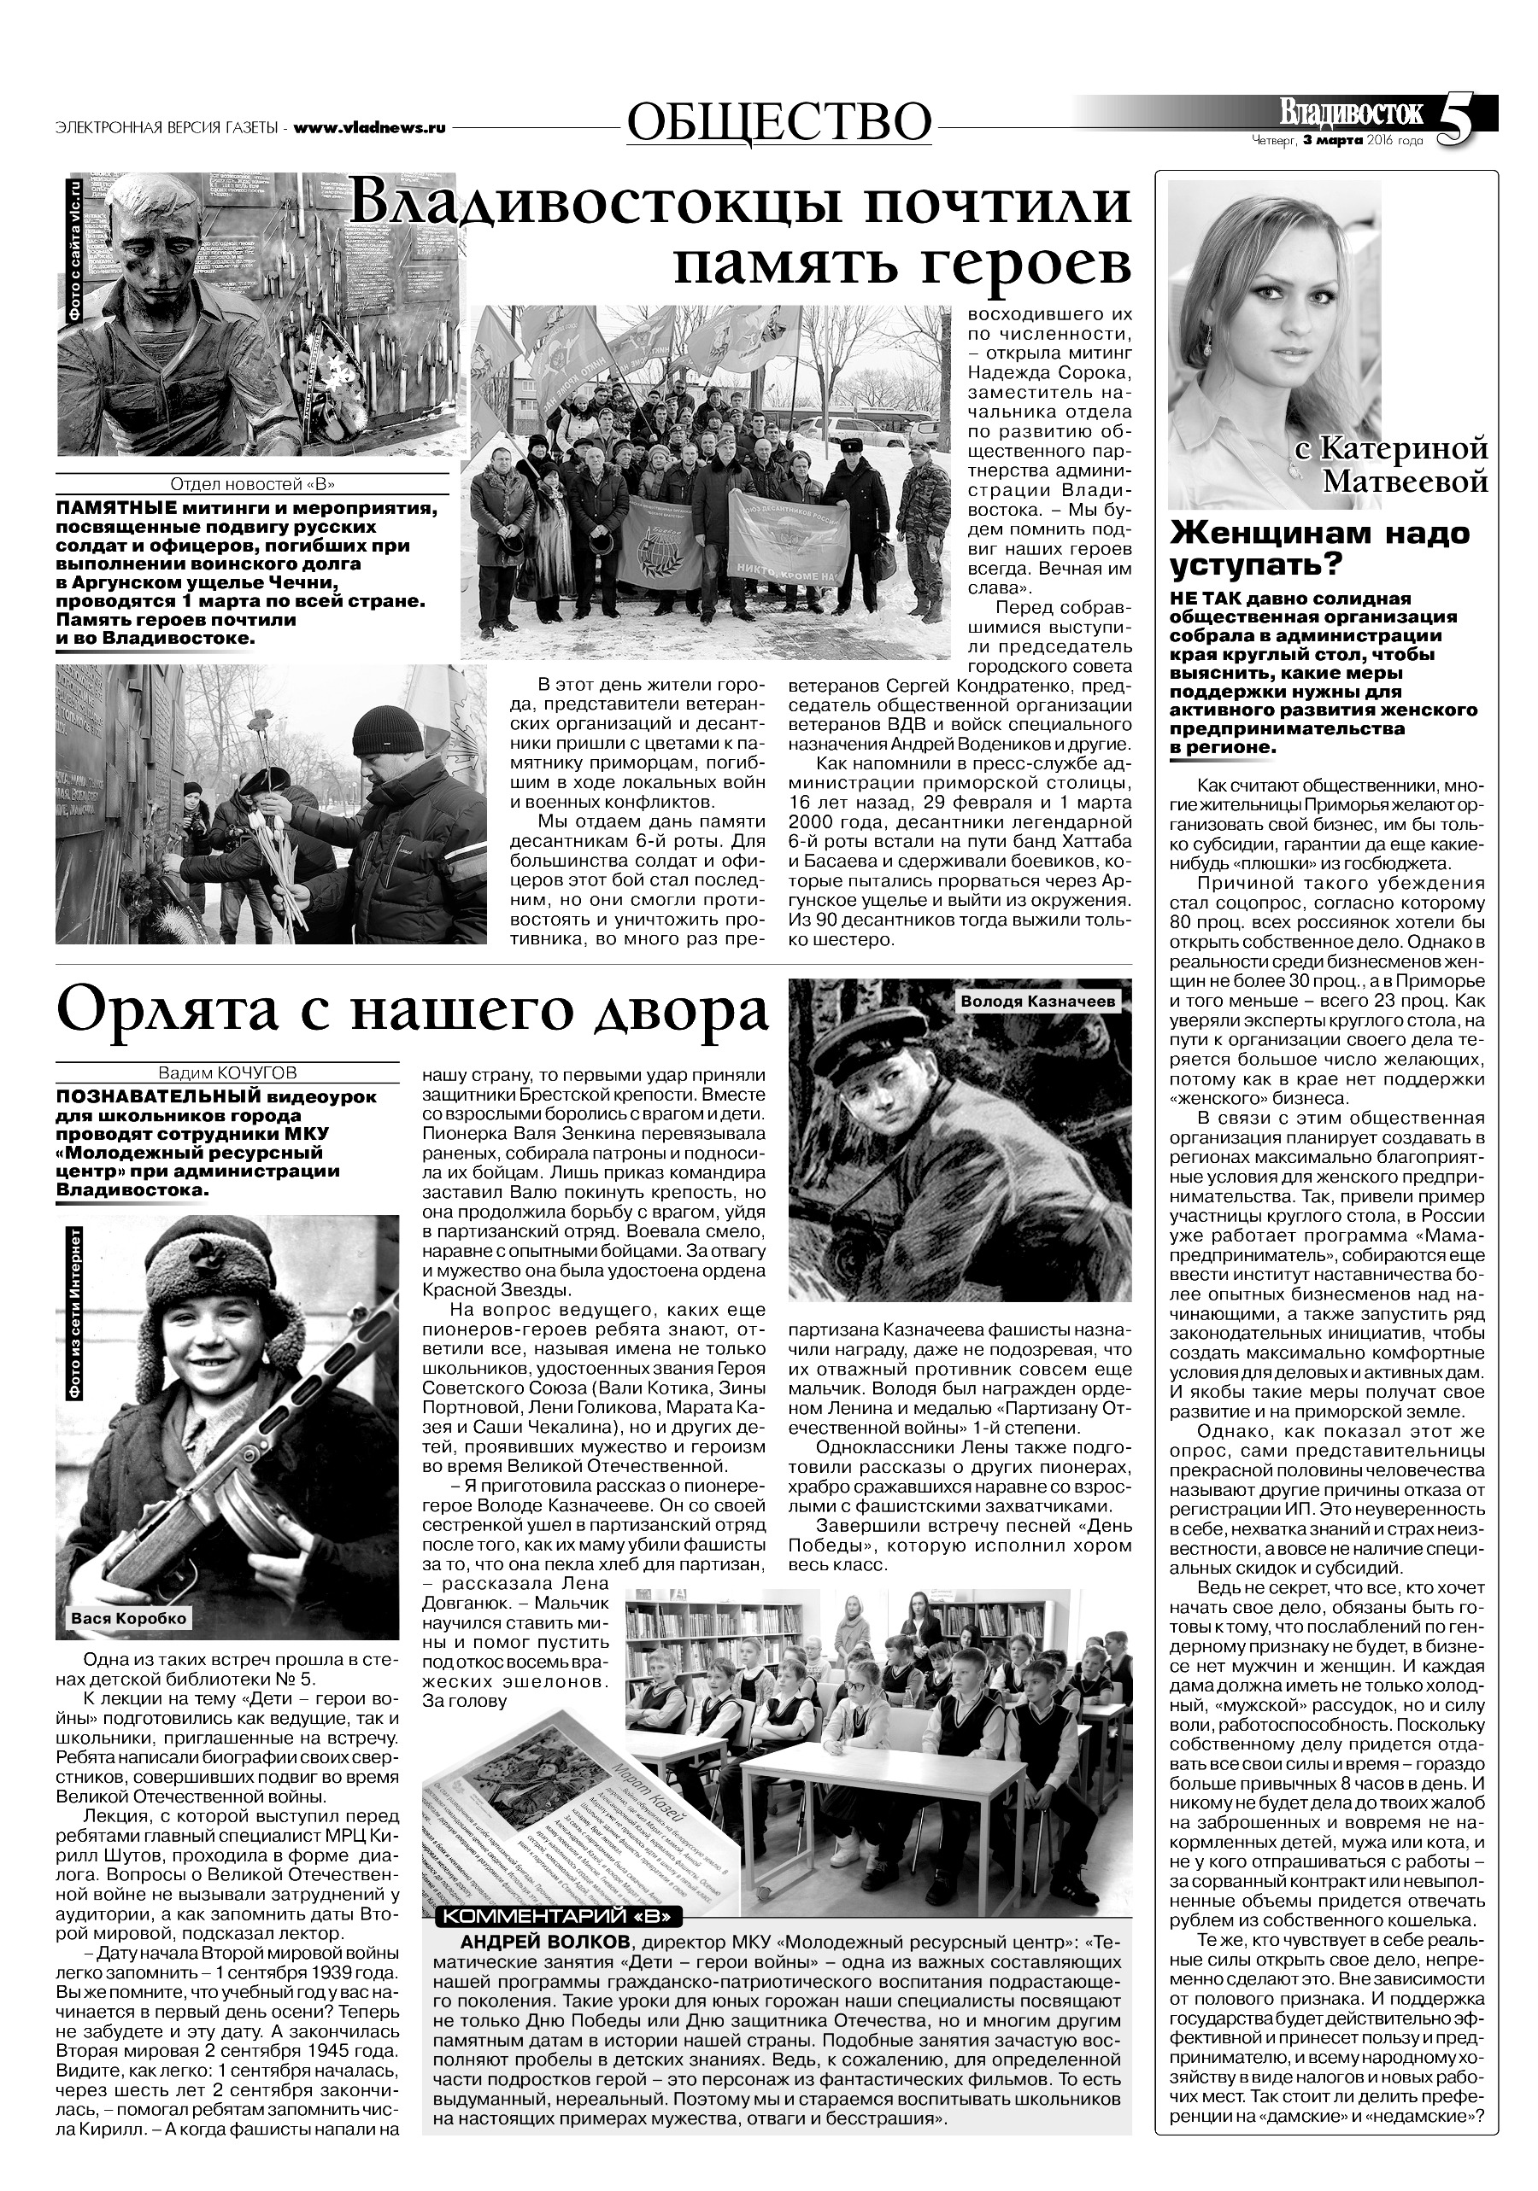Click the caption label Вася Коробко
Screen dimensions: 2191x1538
point(129,1618)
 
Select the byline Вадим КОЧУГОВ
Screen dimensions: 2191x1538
point(228,1072)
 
